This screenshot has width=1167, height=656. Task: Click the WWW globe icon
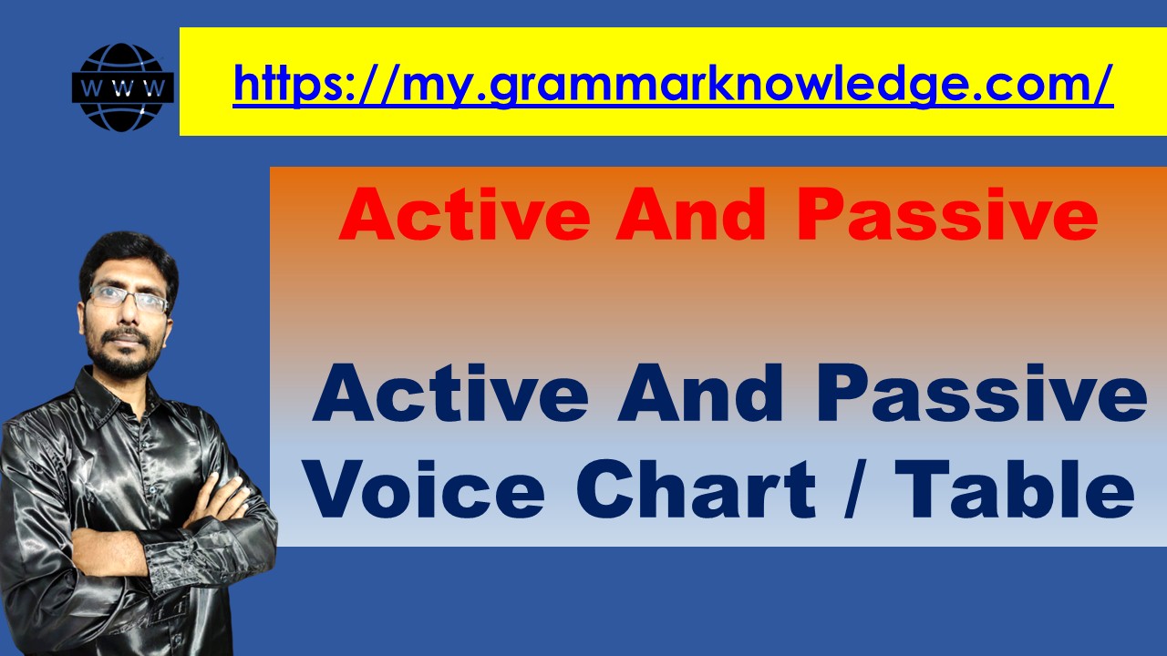click(122, 87)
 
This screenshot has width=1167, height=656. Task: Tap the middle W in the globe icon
click(122, 88)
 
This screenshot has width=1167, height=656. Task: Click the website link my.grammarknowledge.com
click(673, 83)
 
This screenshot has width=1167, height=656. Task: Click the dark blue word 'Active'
click(450, 395)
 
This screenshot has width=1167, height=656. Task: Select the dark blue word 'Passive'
click(981, 395)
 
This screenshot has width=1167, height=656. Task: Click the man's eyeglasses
click(128, 299)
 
